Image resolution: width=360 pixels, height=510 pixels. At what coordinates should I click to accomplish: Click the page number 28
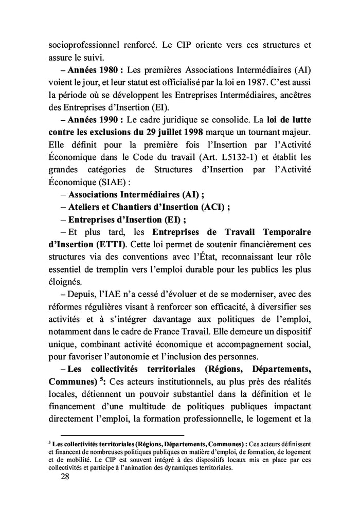click(65, 477)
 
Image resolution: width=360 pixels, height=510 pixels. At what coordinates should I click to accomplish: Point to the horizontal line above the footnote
click(122, 436)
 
